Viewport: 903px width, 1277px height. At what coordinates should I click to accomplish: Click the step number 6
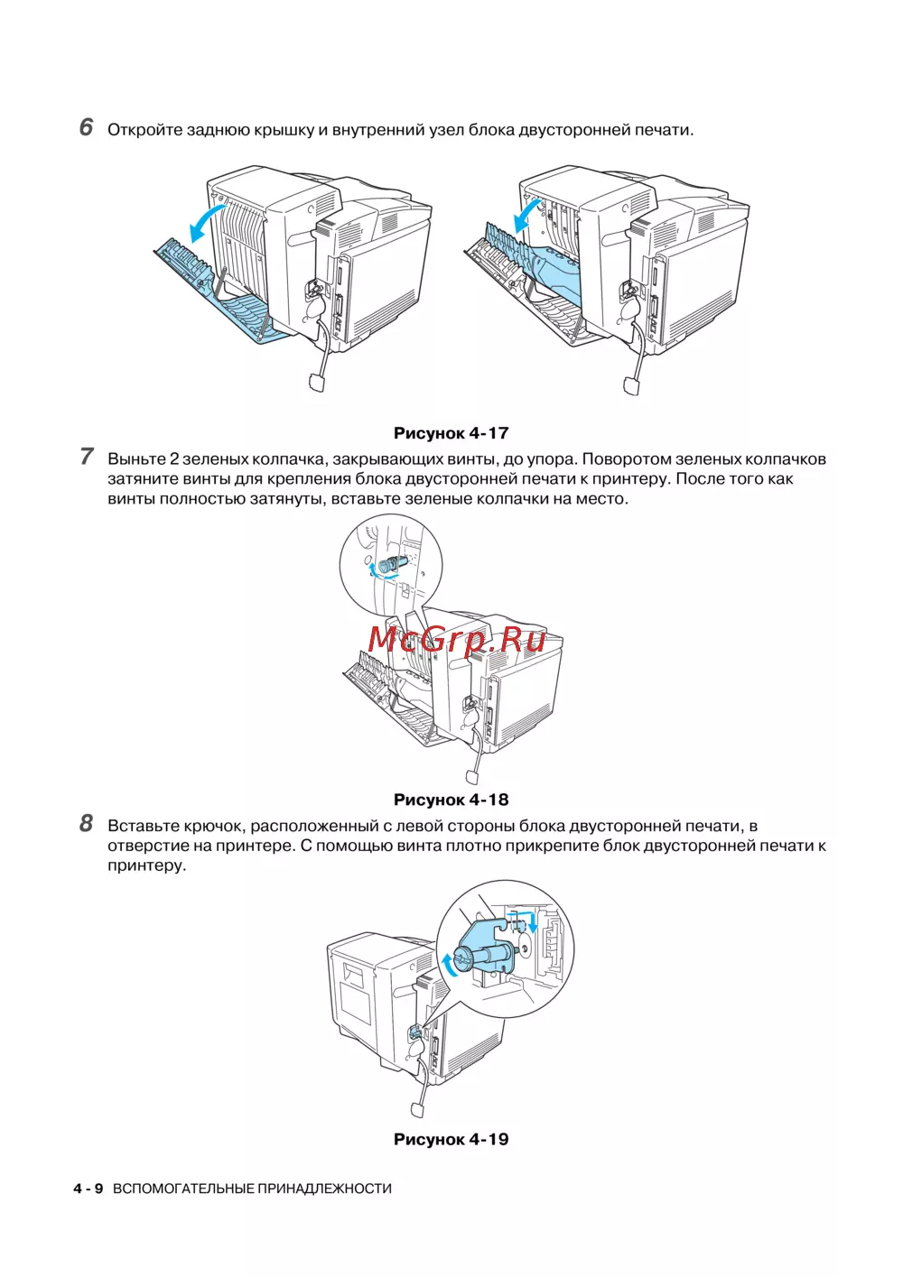tap(86, 127)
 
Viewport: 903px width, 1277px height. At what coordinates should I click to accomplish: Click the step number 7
tap(86, 457)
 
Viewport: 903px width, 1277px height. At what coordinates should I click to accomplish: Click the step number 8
tap(86, 823)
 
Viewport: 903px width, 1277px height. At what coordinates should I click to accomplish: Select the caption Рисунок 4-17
tap(451, 433)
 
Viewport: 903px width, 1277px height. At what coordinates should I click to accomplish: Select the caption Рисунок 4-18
tap(451, 800)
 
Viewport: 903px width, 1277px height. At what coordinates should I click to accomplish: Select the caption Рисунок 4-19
tap(451, 1139)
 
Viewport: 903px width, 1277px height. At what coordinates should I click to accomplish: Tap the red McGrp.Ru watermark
tap(456, 639)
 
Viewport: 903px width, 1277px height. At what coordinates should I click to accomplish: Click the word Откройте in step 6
tap(144, 130)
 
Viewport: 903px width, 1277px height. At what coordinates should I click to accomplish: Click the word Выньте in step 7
tap(136, 459)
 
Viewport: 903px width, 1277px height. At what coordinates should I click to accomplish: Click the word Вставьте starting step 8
tap(143, 826)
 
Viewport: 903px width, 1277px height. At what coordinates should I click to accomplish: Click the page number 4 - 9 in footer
tap(88, 1189)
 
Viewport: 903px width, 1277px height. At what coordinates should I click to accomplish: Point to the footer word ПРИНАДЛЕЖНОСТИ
tap(324, 1189)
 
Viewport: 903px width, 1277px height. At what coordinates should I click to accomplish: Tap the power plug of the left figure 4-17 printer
tap(317, 382)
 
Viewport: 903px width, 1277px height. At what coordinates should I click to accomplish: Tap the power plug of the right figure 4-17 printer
tap(632, 385)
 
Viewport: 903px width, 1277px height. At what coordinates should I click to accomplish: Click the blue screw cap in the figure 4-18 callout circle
tap(390, 566)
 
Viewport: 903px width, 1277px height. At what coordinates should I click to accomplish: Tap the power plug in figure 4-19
tap(418, 1108)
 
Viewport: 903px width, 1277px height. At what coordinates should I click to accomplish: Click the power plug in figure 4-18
tap(472, 776)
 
